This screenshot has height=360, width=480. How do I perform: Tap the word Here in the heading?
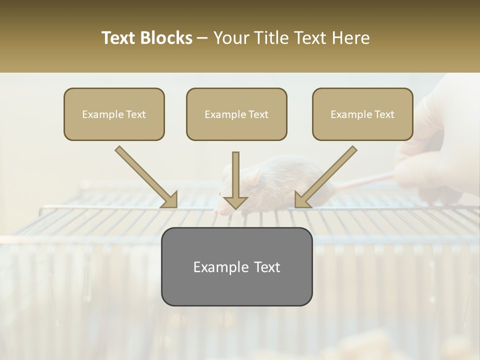pos(352,38)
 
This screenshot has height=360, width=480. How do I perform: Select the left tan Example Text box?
pos(114,114)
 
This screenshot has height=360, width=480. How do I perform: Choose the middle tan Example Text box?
pos(236,114)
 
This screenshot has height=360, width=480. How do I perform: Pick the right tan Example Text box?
pos(362,114)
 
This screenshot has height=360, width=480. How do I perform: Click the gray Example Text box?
pos(236,266)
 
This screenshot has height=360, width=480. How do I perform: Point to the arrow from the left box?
pos(147,177)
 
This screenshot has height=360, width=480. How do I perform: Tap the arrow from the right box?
pos(325,177)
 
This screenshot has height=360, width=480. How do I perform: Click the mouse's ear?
pos(254,176)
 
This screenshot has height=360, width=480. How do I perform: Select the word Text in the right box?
pos(383,114)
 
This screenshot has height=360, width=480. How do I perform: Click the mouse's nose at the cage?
pos(223,211)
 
